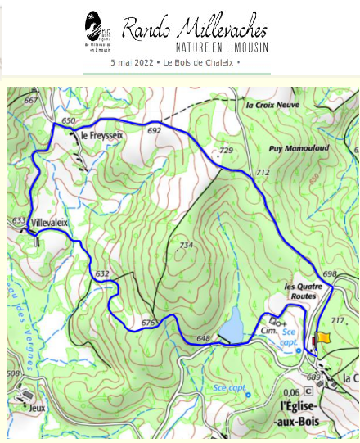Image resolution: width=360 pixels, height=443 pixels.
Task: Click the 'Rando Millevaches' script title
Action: click(195, 29)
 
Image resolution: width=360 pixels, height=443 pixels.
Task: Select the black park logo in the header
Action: click(97, 29)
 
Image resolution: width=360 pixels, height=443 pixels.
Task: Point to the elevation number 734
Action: click(186, 246)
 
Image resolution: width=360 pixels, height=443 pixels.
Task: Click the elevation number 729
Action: click(227, 151)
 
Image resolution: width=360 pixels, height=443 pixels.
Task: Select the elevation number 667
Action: click(31, 101)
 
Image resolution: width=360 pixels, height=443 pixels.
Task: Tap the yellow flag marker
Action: click(324, 337)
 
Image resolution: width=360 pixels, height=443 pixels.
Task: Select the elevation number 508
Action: click(14, 374)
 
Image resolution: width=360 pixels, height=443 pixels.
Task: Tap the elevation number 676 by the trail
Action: click(148, 323)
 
